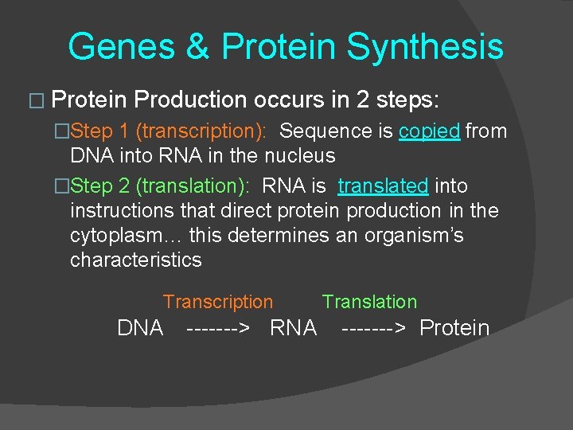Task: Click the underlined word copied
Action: coord(430,131)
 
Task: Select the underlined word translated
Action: coord(383,186)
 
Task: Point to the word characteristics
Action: coord(136,260)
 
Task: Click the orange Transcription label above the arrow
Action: coord(217,302)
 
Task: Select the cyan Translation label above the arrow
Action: coord(369,302)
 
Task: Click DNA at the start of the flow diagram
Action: coord(140,328)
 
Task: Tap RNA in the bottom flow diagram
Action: coord(294,328)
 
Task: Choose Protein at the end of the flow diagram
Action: coord(454,328)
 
